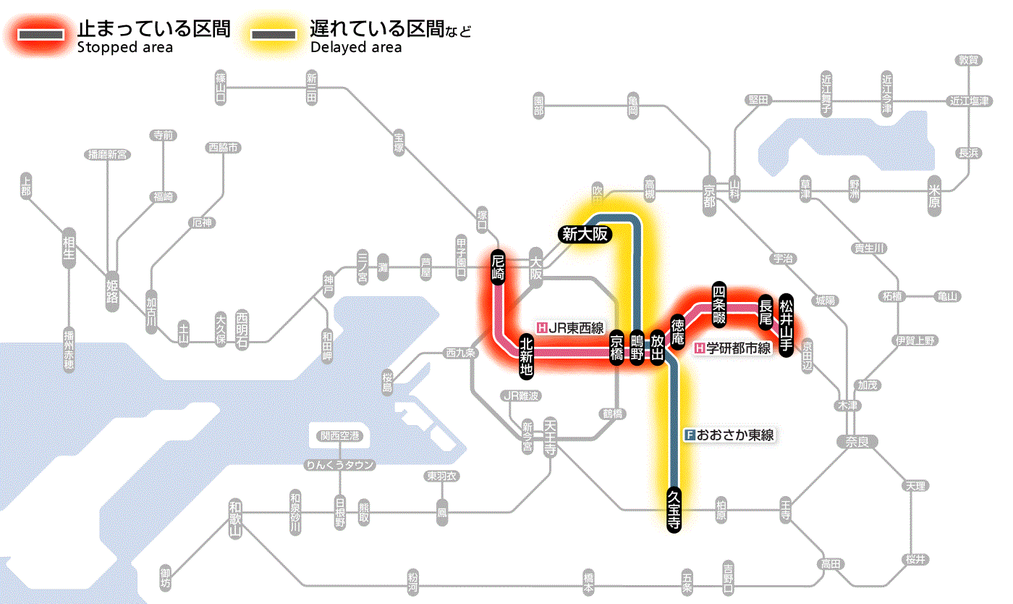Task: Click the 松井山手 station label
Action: (787, 314)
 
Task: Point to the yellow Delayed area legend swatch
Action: (274, 33)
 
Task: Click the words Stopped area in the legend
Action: (124, 47)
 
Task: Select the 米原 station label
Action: (935, 196)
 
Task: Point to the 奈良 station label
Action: (857, 441)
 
